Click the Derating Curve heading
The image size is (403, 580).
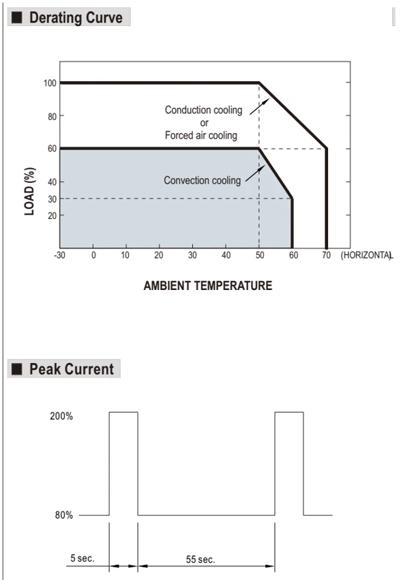76,18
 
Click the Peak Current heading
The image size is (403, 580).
72,369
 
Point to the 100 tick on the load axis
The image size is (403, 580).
50,83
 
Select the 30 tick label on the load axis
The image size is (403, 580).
52,199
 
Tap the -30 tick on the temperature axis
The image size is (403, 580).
59,255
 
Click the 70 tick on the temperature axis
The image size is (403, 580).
326,255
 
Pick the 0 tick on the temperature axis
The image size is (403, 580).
93,255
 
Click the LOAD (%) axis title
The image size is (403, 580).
29,191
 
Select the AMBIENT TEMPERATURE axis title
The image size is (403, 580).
208,285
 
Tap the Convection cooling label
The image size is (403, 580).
203,181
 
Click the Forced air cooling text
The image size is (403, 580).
200,135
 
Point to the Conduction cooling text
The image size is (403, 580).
203,110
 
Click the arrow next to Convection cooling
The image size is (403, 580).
255,173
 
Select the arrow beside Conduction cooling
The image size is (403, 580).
260,106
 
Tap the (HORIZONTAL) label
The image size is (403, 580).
366,255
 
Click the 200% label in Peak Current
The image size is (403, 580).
61,416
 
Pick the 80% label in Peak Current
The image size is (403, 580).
64,515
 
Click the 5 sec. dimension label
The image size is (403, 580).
83,557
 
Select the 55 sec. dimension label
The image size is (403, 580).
200,560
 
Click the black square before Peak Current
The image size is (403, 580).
16,368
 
